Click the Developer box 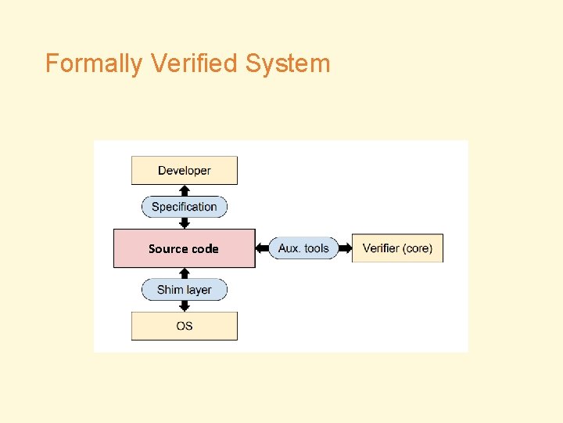[185, 171]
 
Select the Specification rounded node [185, 207]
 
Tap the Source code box [185, 248]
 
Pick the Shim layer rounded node [185, 290]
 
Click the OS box [185, 326]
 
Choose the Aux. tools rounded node [303, 248]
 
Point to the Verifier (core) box [397, 248]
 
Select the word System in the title [288, 63]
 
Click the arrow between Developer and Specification [185, 190]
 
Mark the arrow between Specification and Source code [185, 223]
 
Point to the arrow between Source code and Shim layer [185, 273]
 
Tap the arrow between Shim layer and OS [185, 306]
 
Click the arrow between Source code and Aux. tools [262, 248]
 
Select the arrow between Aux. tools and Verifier [345, 248]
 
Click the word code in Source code [205, 248]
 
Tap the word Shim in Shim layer [170, 290]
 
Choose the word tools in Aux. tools [317, 248]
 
